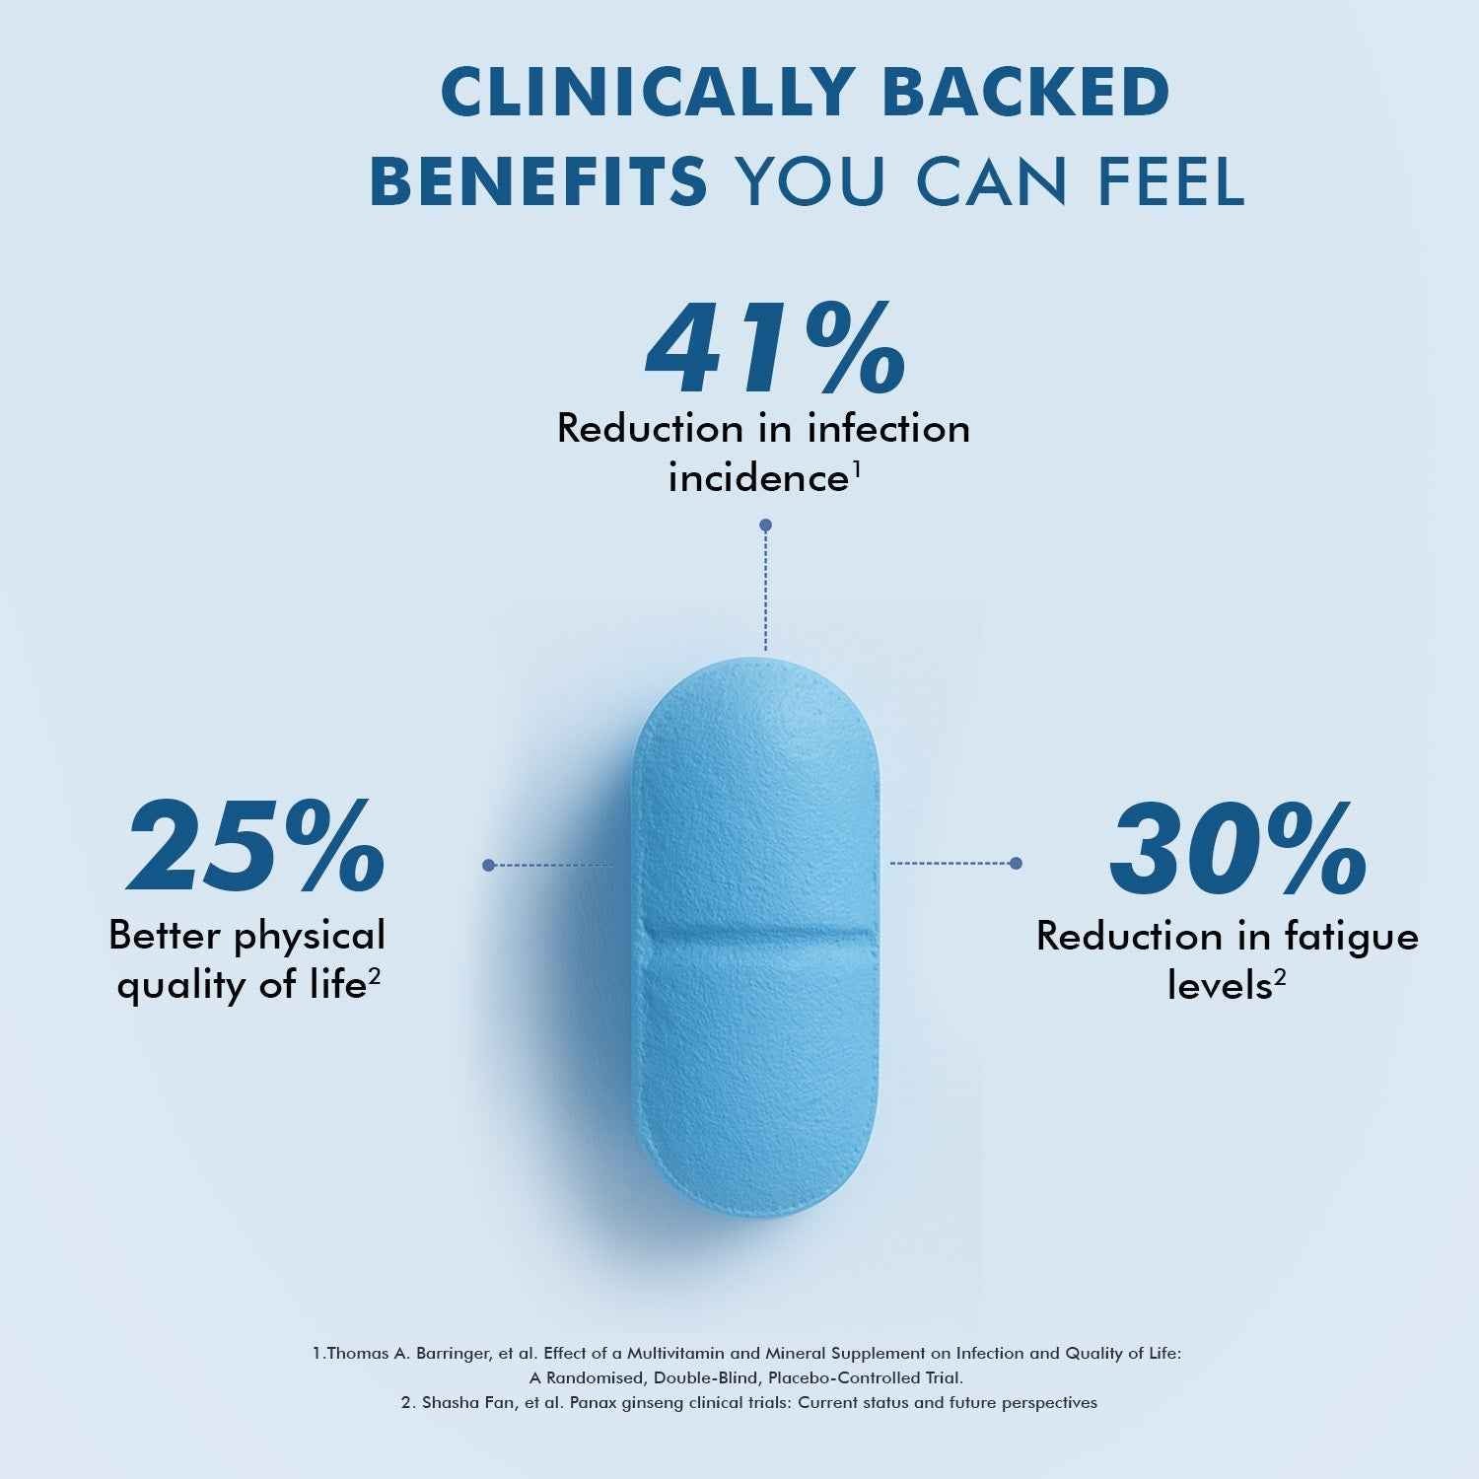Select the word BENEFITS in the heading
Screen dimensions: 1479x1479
(x=538, y=180)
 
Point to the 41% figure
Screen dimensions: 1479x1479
(x=775, y=350)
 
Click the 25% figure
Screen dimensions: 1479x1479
(x=255, y=846)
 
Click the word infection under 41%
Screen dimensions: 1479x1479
(x=887, y=429)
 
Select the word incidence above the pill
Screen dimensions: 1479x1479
(x=758, y=479)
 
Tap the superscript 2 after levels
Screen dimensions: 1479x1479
(x=1280, y=977)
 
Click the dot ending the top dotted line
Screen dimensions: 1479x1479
(x=765, y=526)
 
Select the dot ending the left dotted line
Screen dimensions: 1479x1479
(x=488, y=865)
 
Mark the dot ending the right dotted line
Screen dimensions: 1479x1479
(x=1017, y=864)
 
